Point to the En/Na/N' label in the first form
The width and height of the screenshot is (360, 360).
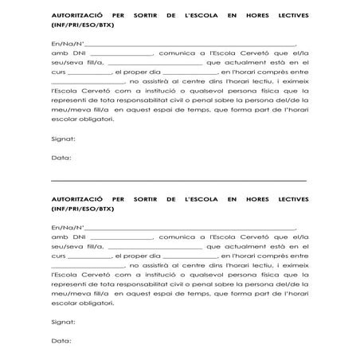point(65,45)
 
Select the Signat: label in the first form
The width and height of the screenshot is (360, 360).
point(63,139)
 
